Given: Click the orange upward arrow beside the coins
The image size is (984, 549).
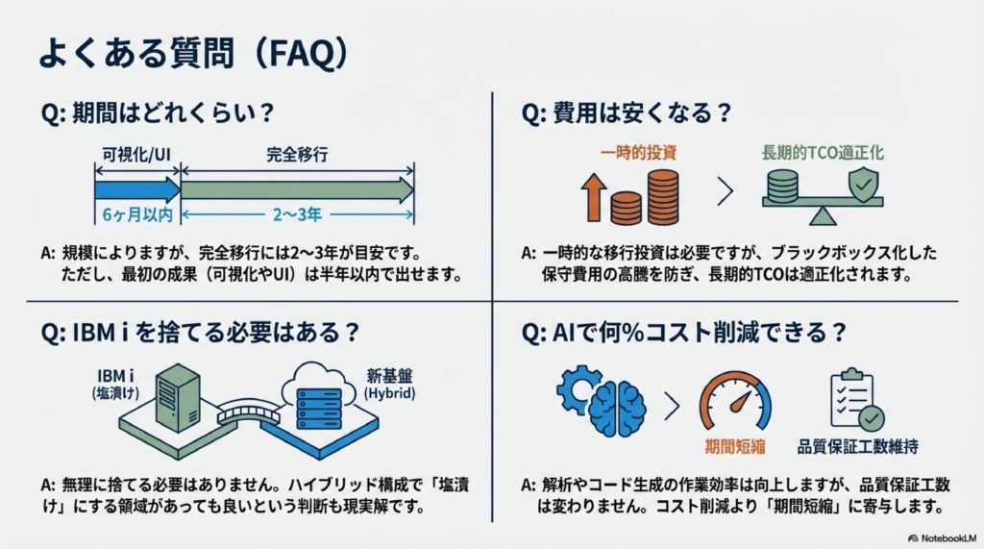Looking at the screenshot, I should point(592,198).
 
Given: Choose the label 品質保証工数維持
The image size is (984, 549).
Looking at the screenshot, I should point(857,447).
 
